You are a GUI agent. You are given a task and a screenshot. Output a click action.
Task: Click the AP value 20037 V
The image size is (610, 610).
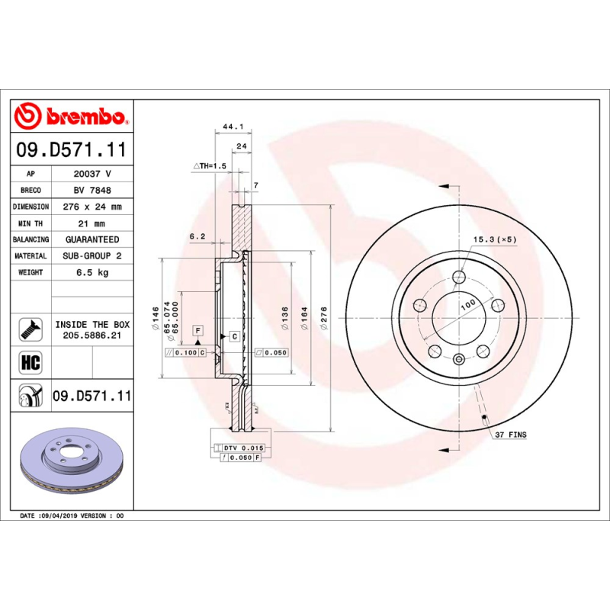click(x=91, y=174)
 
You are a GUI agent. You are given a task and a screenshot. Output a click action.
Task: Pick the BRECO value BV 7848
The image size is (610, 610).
click(x=91, y=191)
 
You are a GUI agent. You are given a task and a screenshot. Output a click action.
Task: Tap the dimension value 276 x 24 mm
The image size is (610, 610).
click(x=91, y=207)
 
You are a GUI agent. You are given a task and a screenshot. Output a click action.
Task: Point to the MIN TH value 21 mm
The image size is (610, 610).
click(x=91, y=223)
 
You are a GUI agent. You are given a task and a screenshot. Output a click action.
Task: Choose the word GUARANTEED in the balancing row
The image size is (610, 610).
click(x=91, y=239)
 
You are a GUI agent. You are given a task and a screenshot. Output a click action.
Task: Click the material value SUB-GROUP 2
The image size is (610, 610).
click(x=91, y=256)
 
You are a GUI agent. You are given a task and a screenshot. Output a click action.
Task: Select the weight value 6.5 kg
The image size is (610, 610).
click(x=91, y=272)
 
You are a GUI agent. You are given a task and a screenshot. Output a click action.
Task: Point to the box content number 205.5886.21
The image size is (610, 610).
click(x=91, y=335)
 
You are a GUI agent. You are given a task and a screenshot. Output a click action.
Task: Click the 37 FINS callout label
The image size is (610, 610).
click(x=510, y=435)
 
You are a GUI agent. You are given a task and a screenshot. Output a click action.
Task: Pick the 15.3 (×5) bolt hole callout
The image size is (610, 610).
click(x=495, y=239)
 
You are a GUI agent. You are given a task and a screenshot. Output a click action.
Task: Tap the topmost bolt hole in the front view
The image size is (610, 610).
click(x=458, y=277)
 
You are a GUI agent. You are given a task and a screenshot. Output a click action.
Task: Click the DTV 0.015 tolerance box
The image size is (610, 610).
click(x=243, y=447)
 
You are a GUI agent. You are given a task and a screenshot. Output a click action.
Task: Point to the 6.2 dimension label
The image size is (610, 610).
click(x=197, y=237)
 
